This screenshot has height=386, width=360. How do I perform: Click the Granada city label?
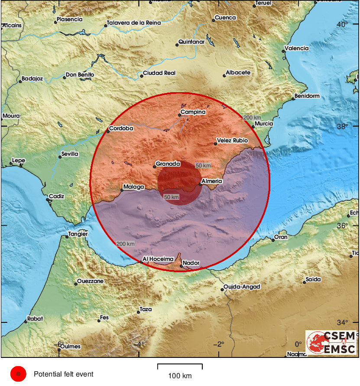(x=168, y=164)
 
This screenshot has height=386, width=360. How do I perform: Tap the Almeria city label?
(x=212, y=181)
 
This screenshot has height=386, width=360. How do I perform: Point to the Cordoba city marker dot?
(x=108, y=131)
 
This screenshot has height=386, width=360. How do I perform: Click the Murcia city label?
(x=264, y=124)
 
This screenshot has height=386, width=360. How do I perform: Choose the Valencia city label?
(x=297, y=48)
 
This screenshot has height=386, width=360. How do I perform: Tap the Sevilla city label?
(x=70, y=154)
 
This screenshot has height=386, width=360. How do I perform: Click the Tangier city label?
(x=78, y=234)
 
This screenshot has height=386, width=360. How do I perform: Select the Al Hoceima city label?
(x=159, y=259)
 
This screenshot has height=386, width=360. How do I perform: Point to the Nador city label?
(x=191, y=263)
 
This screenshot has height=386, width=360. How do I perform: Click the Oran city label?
(x=281, y=237)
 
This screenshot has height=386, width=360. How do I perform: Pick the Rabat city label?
(x=35, y=318)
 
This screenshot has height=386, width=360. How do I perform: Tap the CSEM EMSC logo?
(x=331, y=343)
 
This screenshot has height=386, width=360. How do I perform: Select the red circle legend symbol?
(x=18, y=374)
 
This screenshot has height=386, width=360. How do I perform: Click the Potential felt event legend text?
(x=63, y=374)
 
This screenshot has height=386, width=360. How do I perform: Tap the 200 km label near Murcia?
(x=252, y=118)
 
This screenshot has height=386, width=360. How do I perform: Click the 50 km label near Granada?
(x=203, y=166)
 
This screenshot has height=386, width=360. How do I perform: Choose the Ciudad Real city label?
(x=159, y=73)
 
